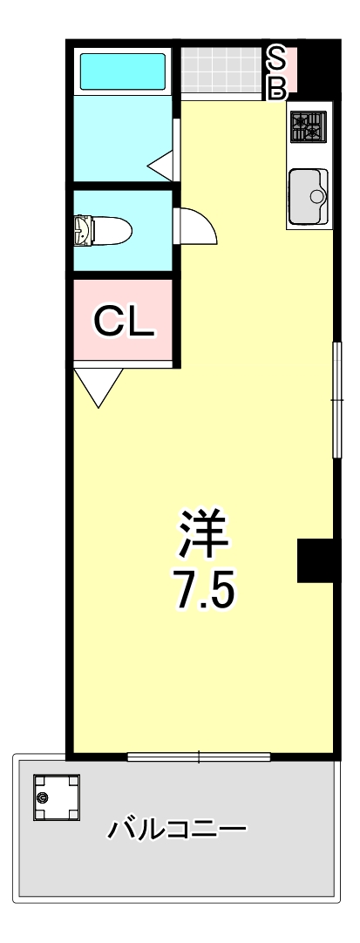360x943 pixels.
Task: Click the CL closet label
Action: coord(124,322)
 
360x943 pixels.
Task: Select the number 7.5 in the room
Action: coord(203,593)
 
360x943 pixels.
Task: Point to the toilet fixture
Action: coord(103,232)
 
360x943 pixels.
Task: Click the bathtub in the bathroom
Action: coord(122,72)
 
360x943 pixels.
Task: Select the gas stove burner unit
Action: coord(308,128)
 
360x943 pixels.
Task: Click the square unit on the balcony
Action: coord(57,797)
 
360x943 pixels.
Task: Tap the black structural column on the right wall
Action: coord(315,560)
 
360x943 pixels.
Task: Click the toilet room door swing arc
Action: coord(197,227)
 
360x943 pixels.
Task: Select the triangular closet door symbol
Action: coord(98,385)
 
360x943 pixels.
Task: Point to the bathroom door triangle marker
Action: coord(162,165)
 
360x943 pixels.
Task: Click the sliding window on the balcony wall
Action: coord(199,756)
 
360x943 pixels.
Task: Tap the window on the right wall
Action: coord(336,400)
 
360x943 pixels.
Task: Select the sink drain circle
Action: coord(316,196)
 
